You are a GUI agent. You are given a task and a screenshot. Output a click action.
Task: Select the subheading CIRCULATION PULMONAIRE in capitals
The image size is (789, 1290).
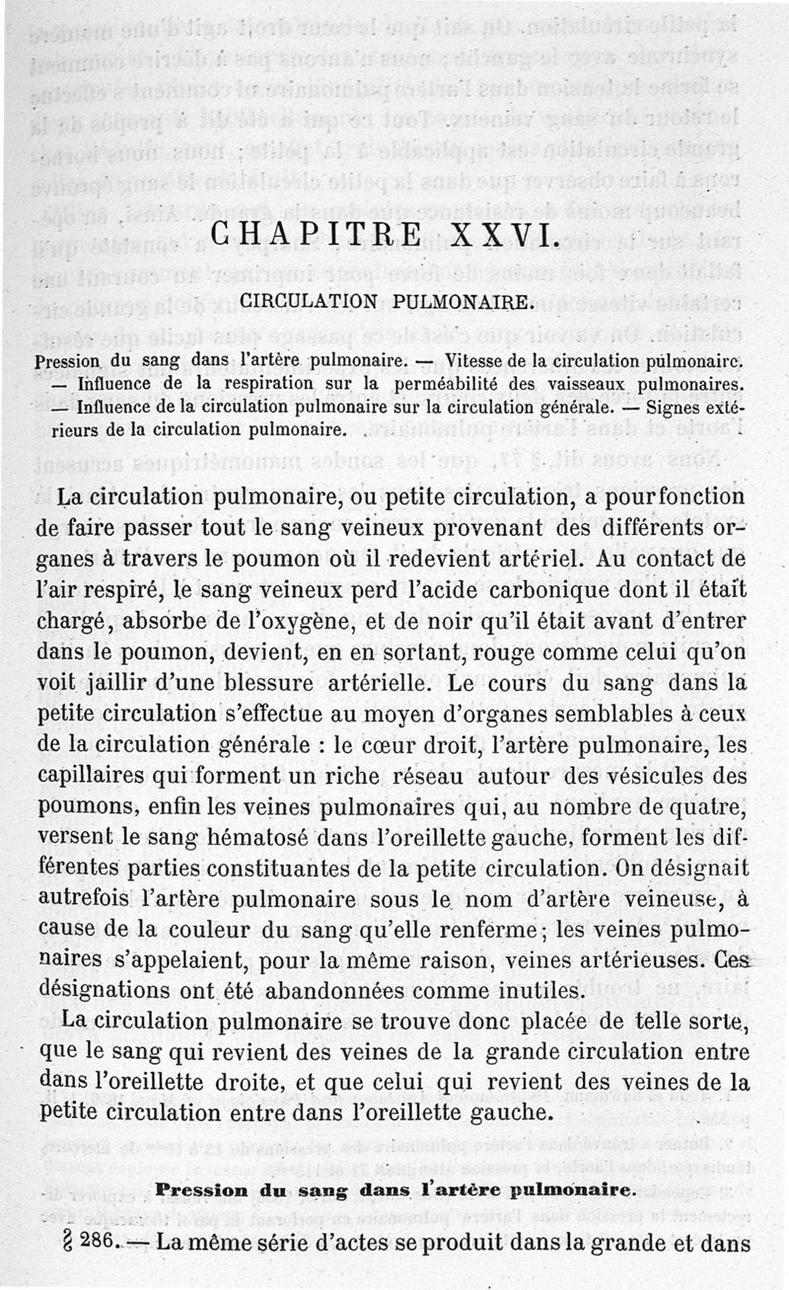tap(388, 302)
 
